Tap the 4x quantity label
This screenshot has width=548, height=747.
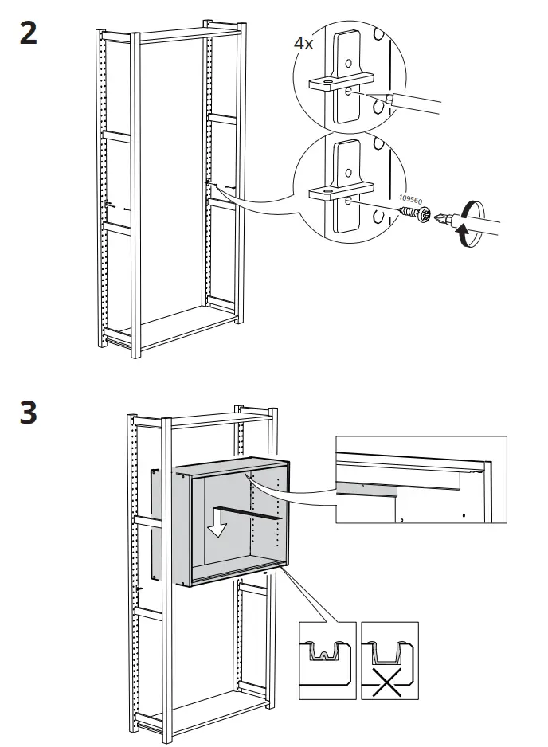click(x=304, y=43)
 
